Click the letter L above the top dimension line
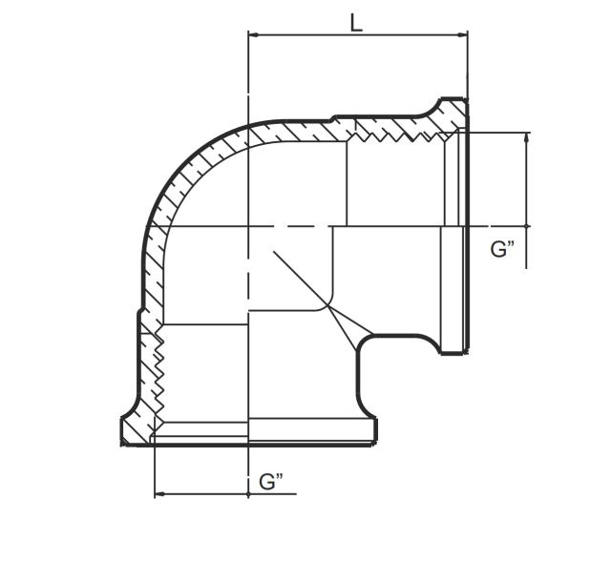coord(356,22)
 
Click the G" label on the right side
coord(503,250)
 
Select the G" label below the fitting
coord(272,482)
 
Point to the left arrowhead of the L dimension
coord(253,36)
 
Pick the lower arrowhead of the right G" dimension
coord(527,221)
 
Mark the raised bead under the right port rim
coord(452,347)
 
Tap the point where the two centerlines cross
coord(248,227)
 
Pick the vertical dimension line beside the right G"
coord(527,181)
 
